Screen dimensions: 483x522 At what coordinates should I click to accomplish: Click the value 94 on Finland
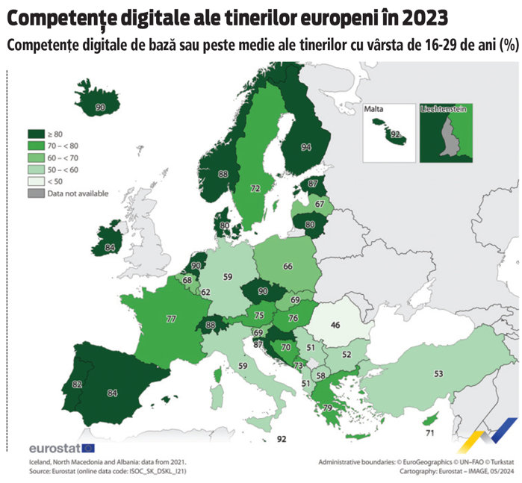[305, 148]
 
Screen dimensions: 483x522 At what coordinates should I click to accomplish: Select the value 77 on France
[171, 319]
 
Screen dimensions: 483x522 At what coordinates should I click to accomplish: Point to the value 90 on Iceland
[101, 108]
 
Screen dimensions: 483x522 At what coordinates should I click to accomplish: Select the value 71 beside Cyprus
[429, 432]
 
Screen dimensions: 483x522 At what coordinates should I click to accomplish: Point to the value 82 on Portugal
[56, 384]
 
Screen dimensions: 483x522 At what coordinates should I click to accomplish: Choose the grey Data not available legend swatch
[36, 193]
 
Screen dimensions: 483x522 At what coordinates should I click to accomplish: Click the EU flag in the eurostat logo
[87, 448]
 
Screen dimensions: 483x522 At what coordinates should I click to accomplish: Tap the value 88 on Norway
[223, 174]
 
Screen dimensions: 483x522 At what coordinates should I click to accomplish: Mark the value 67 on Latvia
[320, 204]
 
